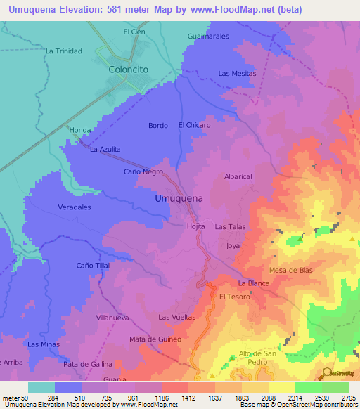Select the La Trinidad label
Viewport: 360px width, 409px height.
pos(64,51)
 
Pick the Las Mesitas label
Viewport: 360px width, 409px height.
pos(237,73)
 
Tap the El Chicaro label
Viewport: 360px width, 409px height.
pos(194,125)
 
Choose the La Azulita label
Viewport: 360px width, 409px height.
pos(105,150)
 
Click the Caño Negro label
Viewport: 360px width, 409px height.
pos(143,171)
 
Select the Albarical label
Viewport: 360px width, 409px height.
pos(238,177)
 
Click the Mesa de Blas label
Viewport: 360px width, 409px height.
pos(290,270)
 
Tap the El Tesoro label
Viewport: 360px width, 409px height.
pos(234,297)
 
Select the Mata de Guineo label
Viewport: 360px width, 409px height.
pos(155,339)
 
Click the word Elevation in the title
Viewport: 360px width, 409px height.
pos(85,9)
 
